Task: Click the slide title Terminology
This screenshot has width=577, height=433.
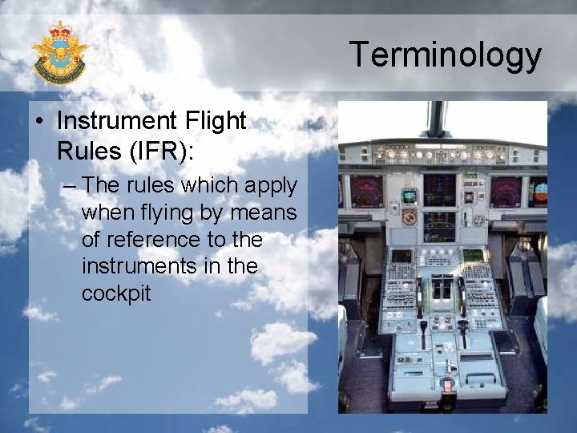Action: (446, 55)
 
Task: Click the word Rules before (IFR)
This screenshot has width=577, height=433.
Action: (87, 149)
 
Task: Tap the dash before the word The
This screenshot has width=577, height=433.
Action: (70, 186)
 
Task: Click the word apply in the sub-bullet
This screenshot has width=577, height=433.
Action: (271, 186)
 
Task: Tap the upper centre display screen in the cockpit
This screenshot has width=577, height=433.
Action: (439, 189)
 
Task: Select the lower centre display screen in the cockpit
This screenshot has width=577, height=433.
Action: (439, 226)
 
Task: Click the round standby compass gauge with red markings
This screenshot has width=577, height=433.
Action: (410, 217)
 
